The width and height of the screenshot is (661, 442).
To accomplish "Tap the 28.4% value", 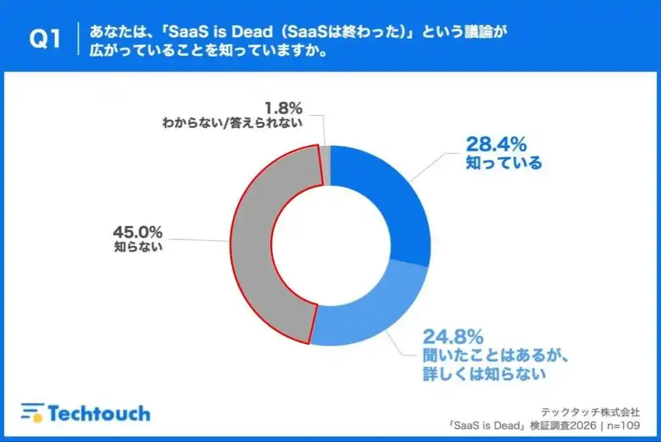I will click(497, 144).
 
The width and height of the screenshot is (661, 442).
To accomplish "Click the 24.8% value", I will click(454, 337).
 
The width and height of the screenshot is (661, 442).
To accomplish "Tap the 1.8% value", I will click(283, 108).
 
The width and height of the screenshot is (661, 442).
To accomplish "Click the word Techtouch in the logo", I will click(99, 413).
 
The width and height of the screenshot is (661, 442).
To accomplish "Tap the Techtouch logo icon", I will click(31, 412).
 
